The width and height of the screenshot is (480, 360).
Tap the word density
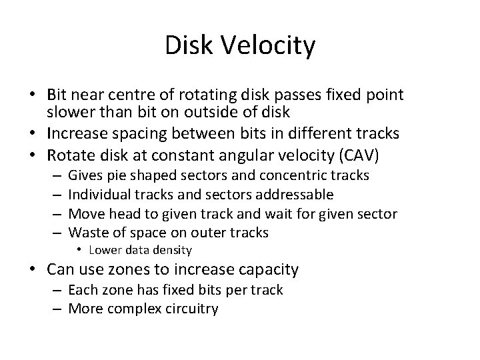[x=170, y=251]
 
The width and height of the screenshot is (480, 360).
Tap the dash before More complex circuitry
[x=59, y=309]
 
